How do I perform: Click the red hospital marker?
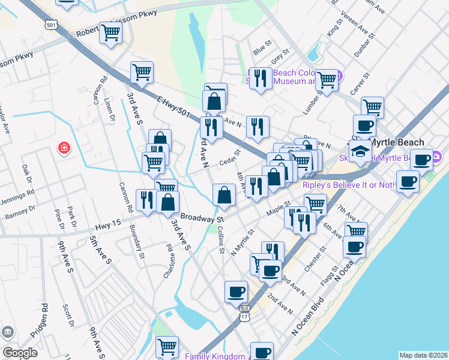(63, 148)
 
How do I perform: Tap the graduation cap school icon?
(360, 151)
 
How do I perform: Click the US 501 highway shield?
(51, 25)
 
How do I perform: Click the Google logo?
(20, 353)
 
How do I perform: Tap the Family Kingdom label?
(214, 355)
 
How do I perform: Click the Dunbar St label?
(364, 44)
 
